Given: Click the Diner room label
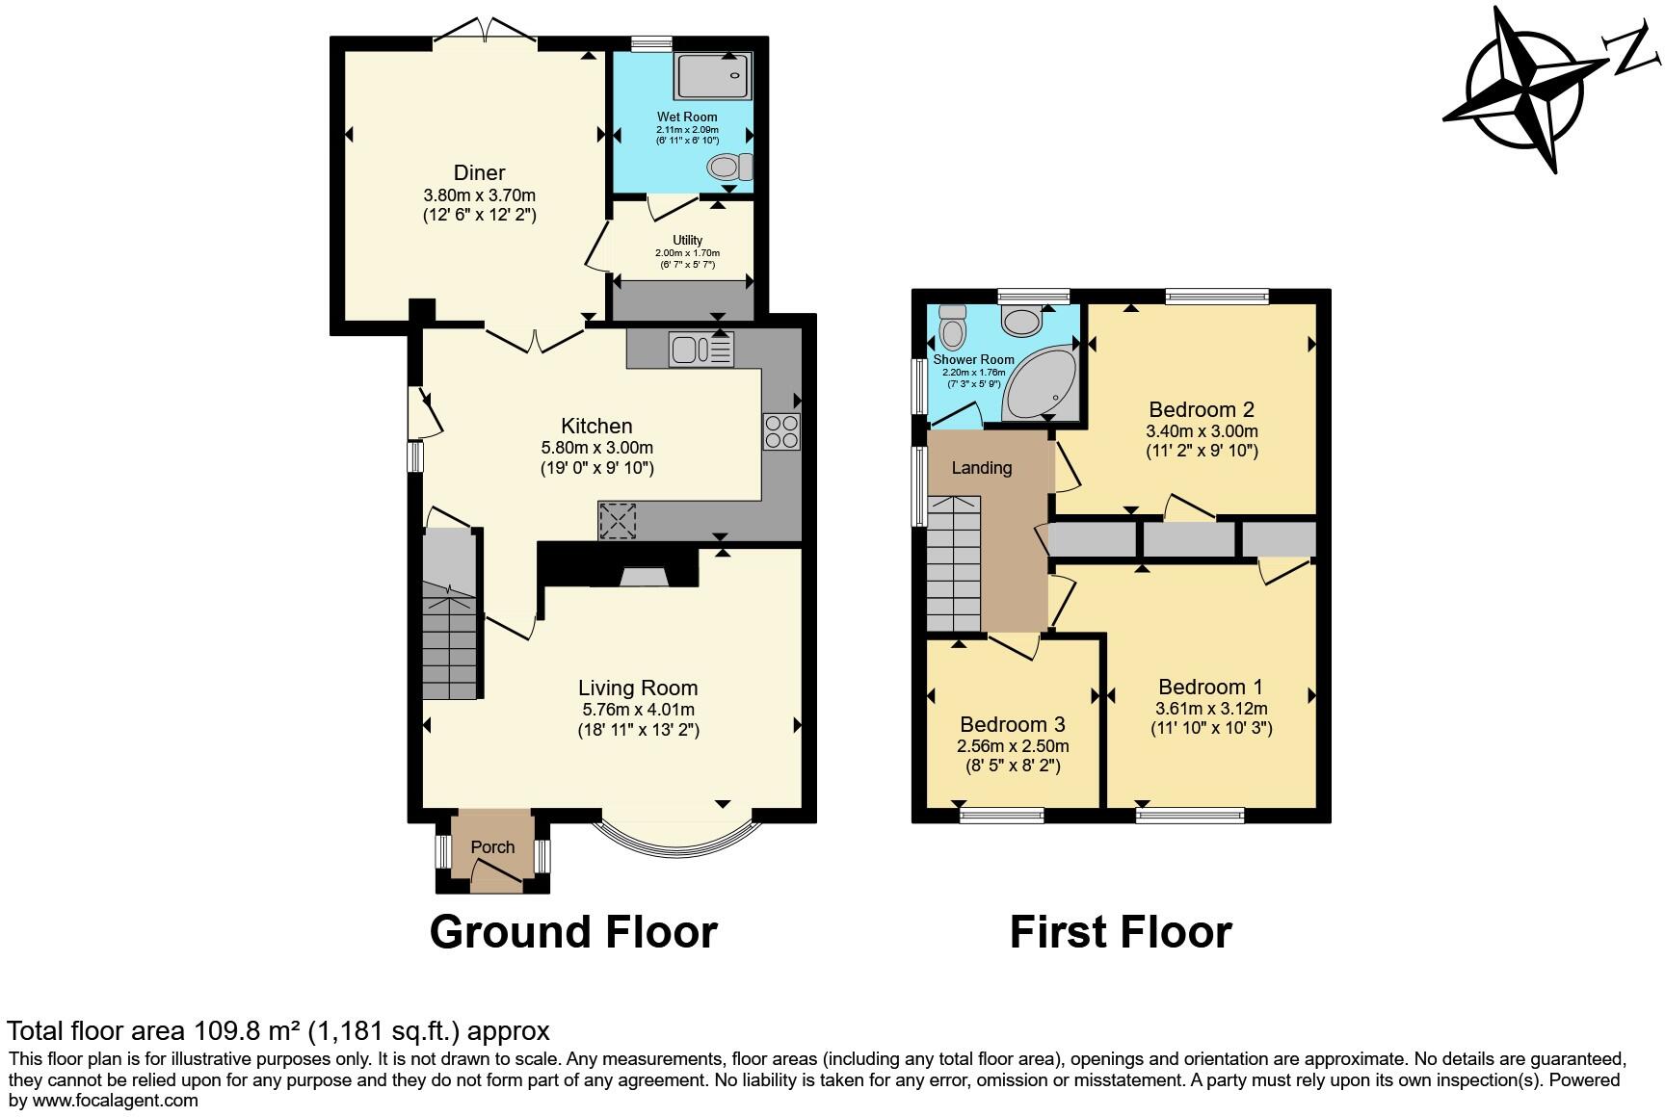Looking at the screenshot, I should click(479, 173).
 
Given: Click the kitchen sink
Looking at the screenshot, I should click(701, 349).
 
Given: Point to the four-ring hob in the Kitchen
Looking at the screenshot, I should click(780, 431).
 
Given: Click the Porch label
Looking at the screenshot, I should click(492, 847).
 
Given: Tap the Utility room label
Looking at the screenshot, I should click(687, 240).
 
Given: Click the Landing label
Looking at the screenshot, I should click(981, 468).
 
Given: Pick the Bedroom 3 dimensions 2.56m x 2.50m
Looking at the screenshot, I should click(1013, 746).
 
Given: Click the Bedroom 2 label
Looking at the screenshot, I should click(1201, 410).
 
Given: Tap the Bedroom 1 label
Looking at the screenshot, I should click(1210, 688).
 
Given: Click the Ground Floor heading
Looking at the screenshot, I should click(573, 932).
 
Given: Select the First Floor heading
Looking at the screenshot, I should click(1121, 932).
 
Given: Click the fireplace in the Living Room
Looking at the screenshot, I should click(643, 577).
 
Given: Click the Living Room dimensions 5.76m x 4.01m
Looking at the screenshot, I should click(638, 710).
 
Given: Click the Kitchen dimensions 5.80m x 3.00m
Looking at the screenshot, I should click(597, 448).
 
